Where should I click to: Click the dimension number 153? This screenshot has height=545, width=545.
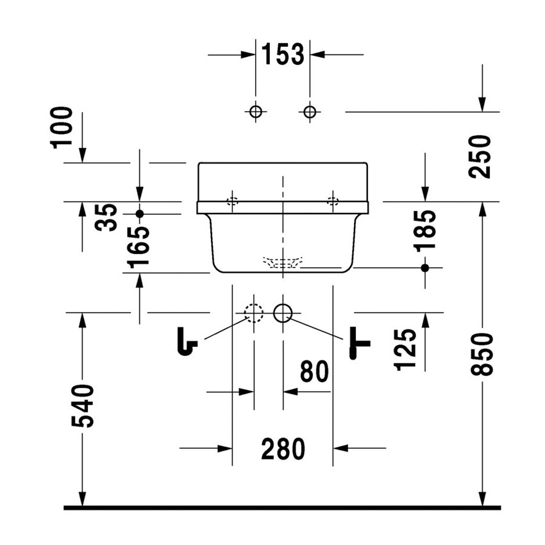[x=283, y=55]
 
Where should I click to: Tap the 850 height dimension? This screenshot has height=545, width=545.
[x=482, y=354]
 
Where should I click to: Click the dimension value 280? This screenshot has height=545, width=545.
[x=283, y=449]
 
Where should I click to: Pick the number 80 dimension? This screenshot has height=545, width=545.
[x=314, y=372]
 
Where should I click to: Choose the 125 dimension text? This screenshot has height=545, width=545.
[x=407, y=349]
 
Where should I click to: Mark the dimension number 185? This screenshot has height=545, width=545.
[x=424, y=230]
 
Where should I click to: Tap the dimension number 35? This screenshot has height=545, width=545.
[x=107, y=216]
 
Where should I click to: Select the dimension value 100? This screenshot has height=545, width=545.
[x=64, y=128]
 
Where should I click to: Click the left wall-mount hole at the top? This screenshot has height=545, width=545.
[x=255, y=112]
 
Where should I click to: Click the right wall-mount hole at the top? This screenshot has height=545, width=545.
[x=310, y=112]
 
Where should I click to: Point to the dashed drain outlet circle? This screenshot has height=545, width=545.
[x=254, y=313]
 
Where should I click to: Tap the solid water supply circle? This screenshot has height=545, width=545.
[x=283, y=313]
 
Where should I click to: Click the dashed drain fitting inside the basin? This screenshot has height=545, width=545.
[x=283, y=262]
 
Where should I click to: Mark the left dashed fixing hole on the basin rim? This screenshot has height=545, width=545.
[x=232, y=201]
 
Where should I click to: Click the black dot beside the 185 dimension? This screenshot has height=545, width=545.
[x=424, y=267]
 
